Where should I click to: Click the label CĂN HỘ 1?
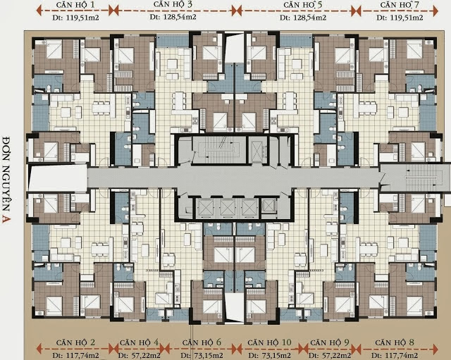[75, 5]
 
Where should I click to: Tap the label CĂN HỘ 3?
[173, 4]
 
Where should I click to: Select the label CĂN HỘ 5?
[303, 5]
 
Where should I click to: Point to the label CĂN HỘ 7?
[400, 5]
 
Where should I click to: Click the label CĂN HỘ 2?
[75, 342]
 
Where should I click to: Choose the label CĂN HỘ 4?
[139, 342]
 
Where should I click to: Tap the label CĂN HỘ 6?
[202, 342]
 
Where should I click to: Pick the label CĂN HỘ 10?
[269, 342]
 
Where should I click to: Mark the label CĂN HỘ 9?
[330, 342]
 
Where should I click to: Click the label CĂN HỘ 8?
[395, 342]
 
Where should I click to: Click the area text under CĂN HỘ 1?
[75, 18]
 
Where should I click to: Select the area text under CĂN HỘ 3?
[173, 17]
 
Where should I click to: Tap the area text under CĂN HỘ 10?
[269, 356]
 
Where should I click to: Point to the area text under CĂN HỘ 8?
[395, 356]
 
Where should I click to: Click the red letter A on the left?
[6, 219]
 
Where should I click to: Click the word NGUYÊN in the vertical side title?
[6, 189]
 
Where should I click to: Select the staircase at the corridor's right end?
[424, 178]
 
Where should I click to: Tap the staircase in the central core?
[218, 149]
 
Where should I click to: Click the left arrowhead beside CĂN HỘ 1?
[39, 11]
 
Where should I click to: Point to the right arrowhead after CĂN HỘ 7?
[435, 11]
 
